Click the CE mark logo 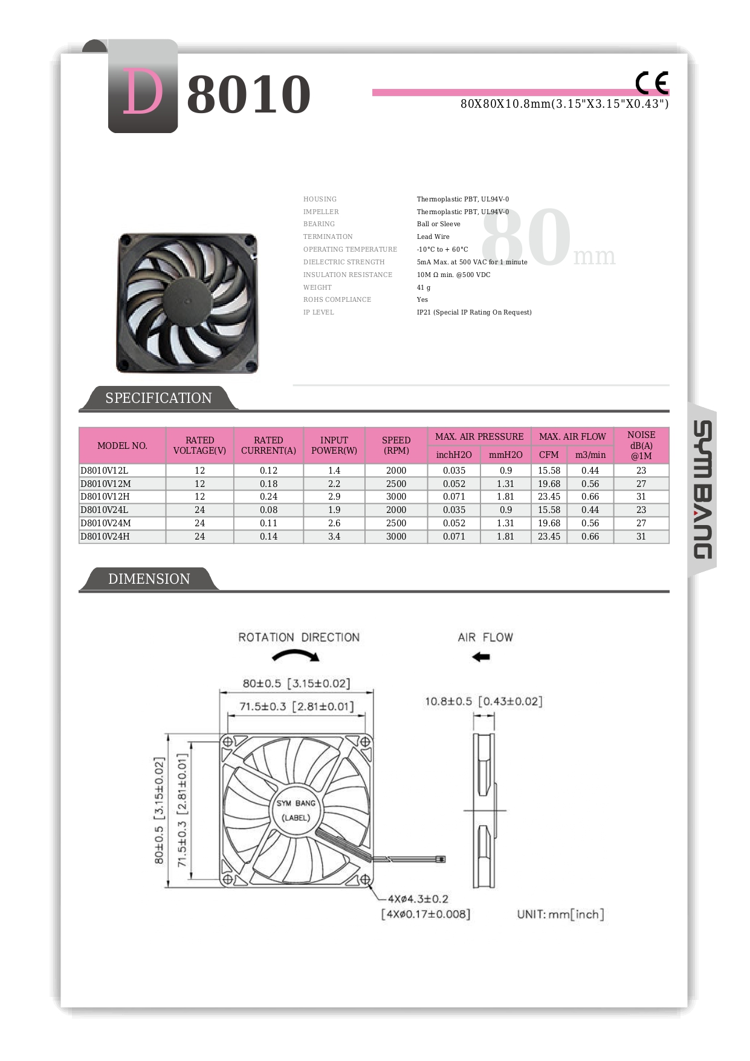click(x=651, y=83)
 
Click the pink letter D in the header click(x=143, y=91)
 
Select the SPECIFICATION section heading click(x=158, y=398)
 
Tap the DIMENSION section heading click(x=149, y=579)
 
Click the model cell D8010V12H click(x=105, y=497)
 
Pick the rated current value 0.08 click(x=268, y=510)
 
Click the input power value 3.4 click(x=334, y=537)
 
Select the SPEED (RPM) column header click(x=396, y=445)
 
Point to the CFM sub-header click(x=549, y=455)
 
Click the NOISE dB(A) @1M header click(x=641, y=445)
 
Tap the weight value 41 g click(x=424, y=287)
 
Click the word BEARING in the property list click(x=319, y=224)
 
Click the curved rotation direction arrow click(x=296, y=655)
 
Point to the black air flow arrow click(x=481, y=657)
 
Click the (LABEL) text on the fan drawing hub click(x=296, y=818)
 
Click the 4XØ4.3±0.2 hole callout click(x=418, y=899)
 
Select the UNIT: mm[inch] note click(x=560, y=915)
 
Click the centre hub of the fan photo click(x=186, y=299)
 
